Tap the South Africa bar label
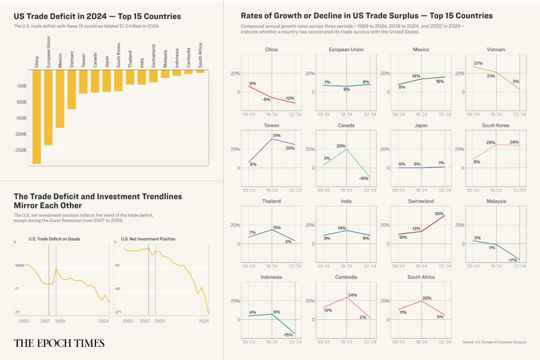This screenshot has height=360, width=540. pyautogui.click(x=200, y=55)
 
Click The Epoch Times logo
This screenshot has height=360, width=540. pyautogui.click(x=59, y=343)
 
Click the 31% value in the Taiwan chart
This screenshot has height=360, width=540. pyautogui.click(x=276, y=135)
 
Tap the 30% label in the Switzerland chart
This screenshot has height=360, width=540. pyautogui.click(x=439, y=214)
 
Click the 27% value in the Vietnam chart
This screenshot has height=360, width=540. pyautogui.click(x=477, y=63)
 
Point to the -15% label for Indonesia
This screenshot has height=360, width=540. pyautogui.click(x=288, y=335)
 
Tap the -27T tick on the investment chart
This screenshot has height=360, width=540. pyautogui.click(x=118, y=312)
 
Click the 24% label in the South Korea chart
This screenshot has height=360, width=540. pyautogui.click(x=514, y=142)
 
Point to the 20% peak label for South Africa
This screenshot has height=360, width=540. pyautogui.click(x=426, y=298)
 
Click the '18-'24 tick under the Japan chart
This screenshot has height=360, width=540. pyautogui.click(x=421, y=190)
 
